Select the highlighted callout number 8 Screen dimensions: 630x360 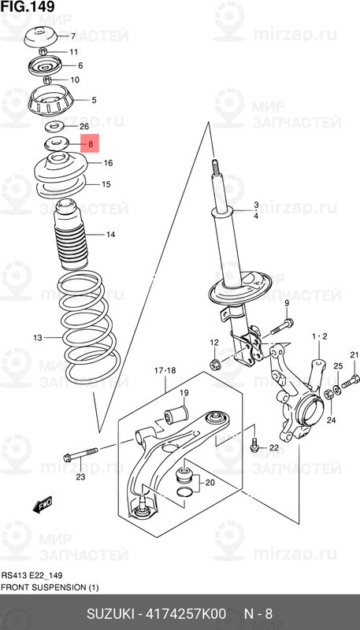(x=91, y=145)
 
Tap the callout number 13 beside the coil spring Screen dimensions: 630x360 (x=37, y=338)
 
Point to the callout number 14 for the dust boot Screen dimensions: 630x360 (x=110, y=235)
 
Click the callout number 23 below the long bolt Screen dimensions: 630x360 (x=80, y=476)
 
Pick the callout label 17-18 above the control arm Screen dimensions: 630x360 (x=165, y=369)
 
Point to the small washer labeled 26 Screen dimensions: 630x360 (x=56, y=126)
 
